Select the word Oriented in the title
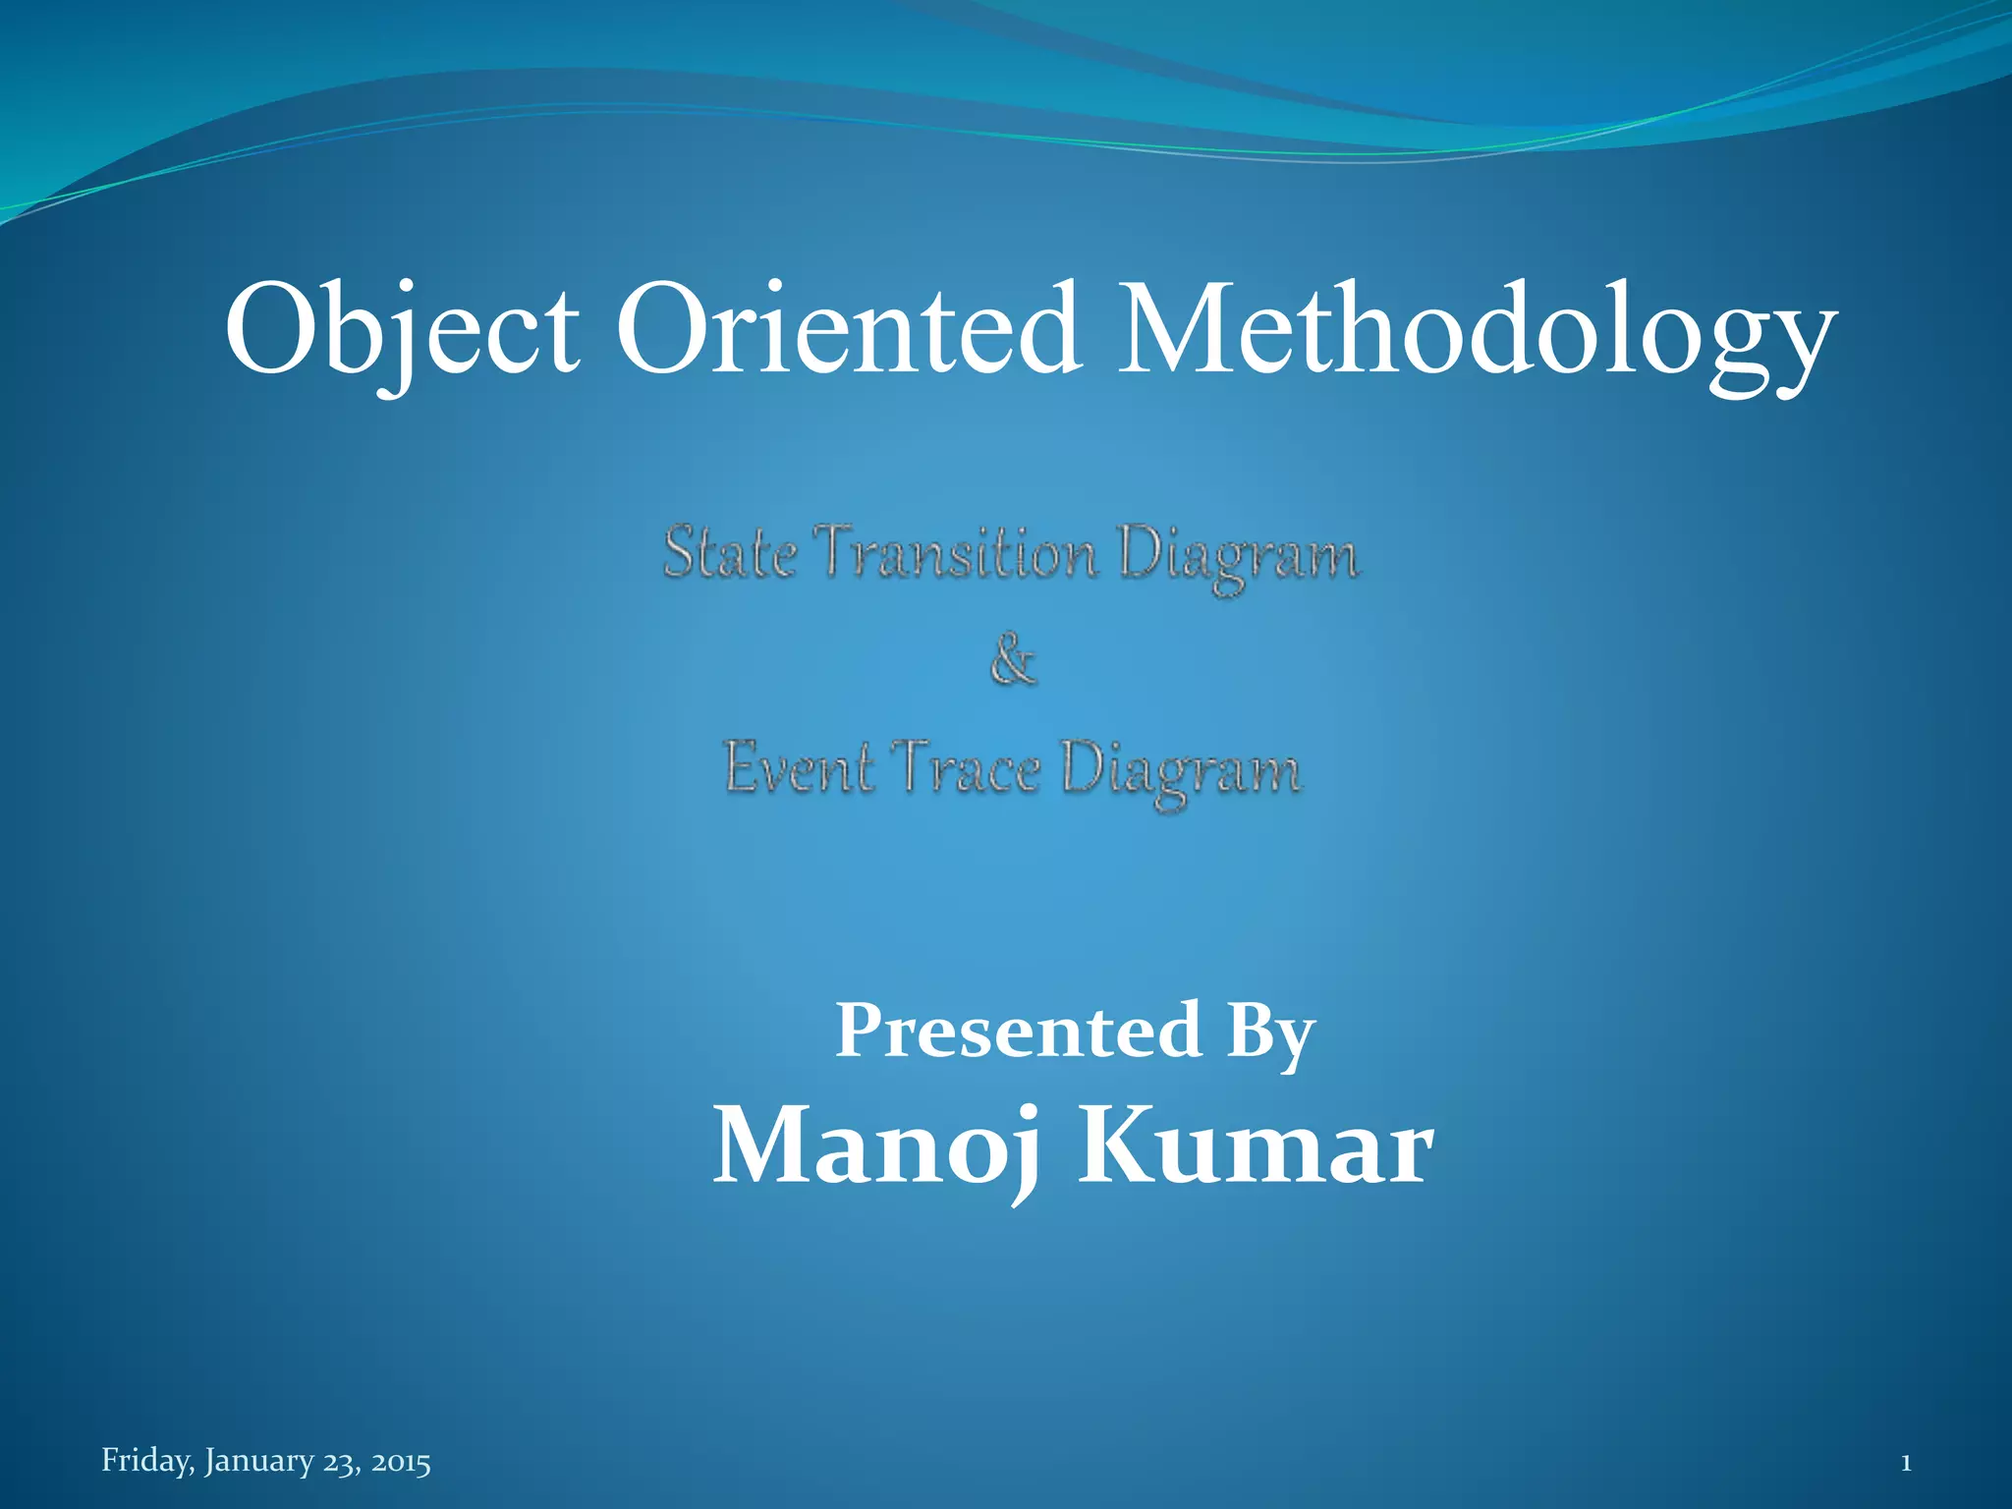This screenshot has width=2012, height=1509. pyautogui.click(x=849, y=329)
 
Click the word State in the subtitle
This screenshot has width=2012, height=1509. pyautogui.click(x=730, y=552)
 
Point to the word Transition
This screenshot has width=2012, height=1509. pyautogui.click(x=959, y=552)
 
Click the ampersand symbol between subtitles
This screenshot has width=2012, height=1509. pyautogui.click(x=1013, y=659)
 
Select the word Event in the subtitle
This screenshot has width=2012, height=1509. pyautogui.click(x=799, y=767)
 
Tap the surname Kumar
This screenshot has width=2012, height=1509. pyautogui.click(x=1257, y=1146)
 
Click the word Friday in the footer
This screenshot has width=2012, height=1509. pyautogui.click(x=147, y=1462)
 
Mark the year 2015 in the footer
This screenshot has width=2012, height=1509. pyautogui.click(x=401, y=1463)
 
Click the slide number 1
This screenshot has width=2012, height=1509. pyautogui.click(x=1906, y=1463)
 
